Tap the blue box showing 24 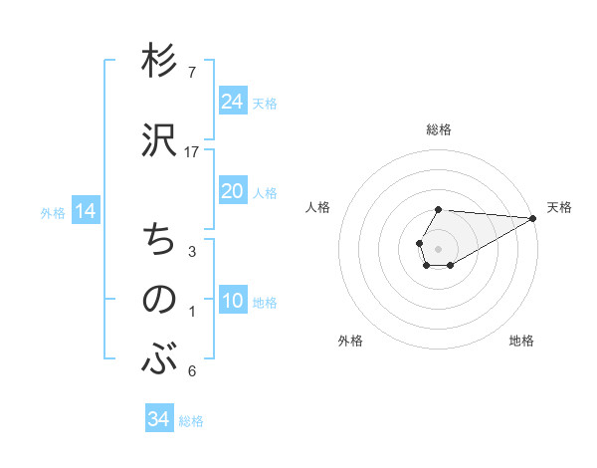point(233,102)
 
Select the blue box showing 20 point(233,191)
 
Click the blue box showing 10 point(233,302)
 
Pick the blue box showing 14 point(86,211)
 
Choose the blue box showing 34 point(158,419)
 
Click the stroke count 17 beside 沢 point(192,151)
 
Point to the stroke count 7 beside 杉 point(191,73)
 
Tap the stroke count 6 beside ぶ point(191,371)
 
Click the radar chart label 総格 point(439,129)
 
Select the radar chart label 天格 point(559,207)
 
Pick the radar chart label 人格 point(318,207)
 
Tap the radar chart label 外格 point(350,341)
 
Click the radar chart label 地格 point(521,341)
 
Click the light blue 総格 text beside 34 point(191,420)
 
